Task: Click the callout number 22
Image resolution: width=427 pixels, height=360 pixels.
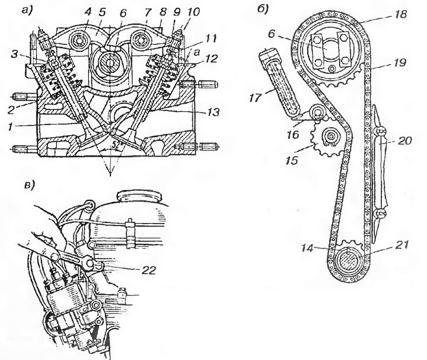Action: click(x=148, y=270)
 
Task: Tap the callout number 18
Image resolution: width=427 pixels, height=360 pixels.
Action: click(x=399, y=14)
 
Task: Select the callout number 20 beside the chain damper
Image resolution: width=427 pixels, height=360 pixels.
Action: click(x=404, y=141)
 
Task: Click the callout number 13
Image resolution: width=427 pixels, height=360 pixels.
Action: click(x=213, y=111)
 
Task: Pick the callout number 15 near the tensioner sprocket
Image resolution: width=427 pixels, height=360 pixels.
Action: click(x=291, y=160)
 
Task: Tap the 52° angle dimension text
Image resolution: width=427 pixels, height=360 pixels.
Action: click(x=115, y=146)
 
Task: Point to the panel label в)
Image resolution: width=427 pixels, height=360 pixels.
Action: click(x=30, y=185)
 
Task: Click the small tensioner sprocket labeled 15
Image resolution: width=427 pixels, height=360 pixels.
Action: click(x=327, y=139)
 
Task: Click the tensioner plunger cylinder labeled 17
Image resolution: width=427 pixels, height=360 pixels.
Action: click(x=281, y=82)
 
